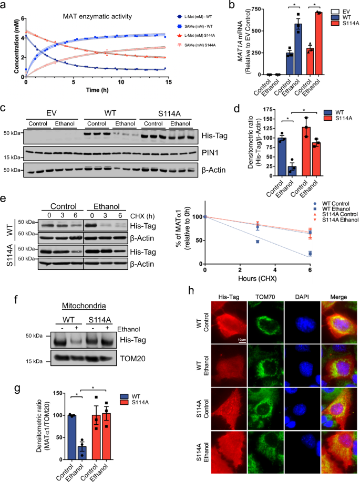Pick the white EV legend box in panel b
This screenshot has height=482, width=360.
click(328, 11)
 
